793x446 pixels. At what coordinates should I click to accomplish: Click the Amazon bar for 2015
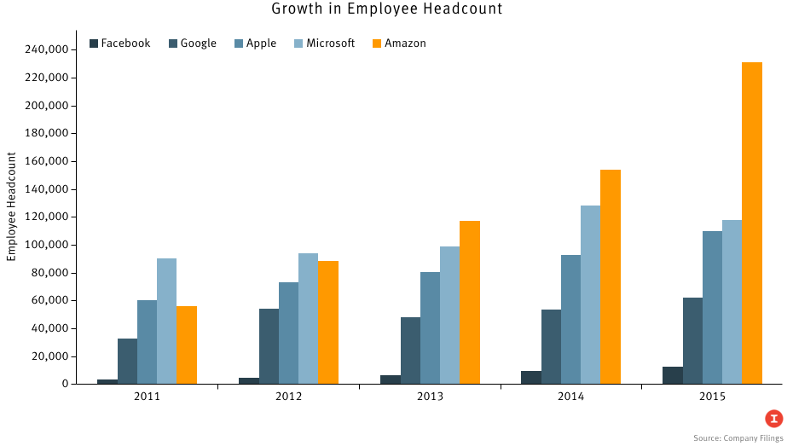tap(751, 223)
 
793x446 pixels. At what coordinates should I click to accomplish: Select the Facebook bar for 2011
tap(107, 381)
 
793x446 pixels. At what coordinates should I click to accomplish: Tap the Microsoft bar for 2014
tap(590, 294)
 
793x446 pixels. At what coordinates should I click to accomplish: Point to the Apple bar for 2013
tap(430, 327)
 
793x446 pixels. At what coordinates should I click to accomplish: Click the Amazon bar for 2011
tap(187, 345)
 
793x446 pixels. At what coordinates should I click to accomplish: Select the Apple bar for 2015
tap(712, 307)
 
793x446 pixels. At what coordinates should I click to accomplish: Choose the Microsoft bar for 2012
tap(308, 318)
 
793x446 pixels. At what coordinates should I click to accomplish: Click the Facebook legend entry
tap(120, 43)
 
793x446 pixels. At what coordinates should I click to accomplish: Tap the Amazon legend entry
tap(399, 43)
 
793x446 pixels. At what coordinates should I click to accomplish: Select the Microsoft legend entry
tap(324, 43)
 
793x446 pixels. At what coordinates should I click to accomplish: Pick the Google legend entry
tap(193, 43)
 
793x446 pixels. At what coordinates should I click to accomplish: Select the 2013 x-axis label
tap(430, 397)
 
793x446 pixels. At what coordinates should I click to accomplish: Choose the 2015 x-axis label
tap(712, 397)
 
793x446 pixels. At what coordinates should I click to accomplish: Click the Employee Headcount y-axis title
tap(12, 206)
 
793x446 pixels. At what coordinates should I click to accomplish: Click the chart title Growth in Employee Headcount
tap(387, 9)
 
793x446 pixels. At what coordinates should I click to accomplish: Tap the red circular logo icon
tap(773, 418)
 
